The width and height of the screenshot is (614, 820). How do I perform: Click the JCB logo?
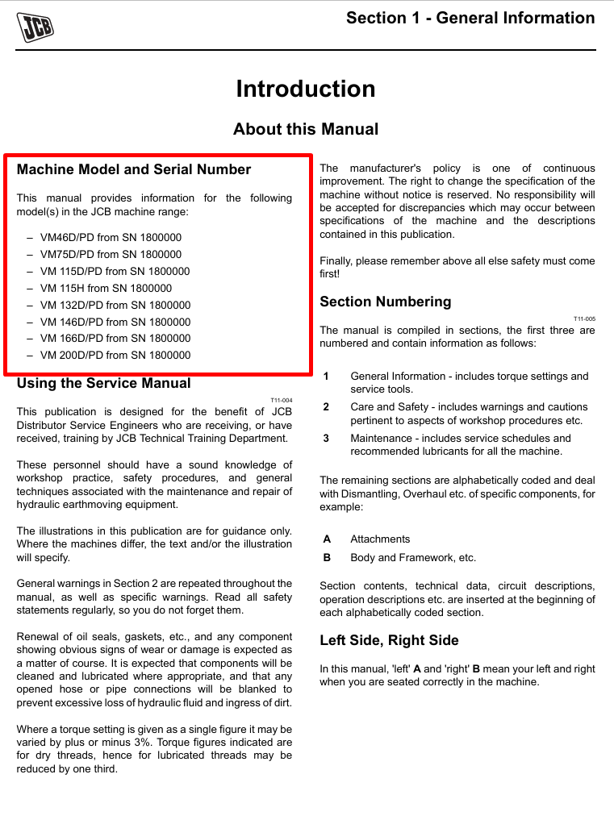(36, 27)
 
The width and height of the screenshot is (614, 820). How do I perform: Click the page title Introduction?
(306, 89)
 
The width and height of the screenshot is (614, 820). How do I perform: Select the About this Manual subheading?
(306, 129)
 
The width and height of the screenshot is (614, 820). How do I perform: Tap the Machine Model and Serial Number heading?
(134, 169)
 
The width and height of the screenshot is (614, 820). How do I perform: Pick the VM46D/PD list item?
(111, 238)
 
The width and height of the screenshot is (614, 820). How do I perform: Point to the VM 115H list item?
(106, 288)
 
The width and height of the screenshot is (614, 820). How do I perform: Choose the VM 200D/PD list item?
(115, 355)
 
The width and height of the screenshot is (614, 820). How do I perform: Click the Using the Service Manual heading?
(104, 383)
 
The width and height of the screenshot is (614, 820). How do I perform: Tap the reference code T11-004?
(282, 400)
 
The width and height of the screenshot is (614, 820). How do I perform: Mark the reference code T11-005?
(584, 318)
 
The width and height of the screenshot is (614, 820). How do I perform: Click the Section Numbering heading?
(386, 302)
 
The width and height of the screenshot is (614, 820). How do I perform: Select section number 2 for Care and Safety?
(326, 407)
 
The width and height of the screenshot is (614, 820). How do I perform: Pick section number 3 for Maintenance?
(326, 439)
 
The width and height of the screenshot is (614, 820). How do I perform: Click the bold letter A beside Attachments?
(327, 539)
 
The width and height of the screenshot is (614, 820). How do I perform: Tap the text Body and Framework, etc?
(413, 557)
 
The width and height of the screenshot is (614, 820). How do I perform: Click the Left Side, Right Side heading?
(389, 640)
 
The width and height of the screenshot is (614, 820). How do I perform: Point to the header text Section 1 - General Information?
(470, 18)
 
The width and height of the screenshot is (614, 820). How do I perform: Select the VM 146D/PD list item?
(115, 322)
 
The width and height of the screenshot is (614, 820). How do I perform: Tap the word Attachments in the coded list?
(380, 539)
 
